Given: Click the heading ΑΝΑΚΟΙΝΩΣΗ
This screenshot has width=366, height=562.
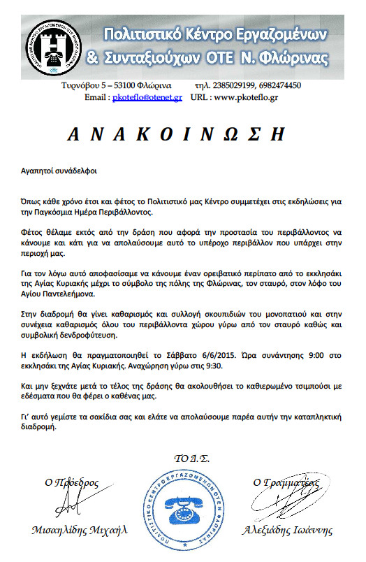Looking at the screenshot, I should coord(182,135).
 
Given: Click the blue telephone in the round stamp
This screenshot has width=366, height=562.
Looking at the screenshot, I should coord(183,505).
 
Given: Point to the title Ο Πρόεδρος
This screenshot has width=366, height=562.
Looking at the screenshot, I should coord(73,482).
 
